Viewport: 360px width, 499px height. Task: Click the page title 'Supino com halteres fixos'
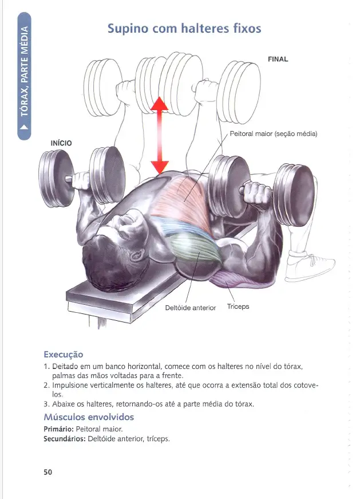pos(185,28)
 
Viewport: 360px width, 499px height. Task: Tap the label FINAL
pos(278,59)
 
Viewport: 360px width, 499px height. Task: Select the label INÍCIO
pos(61,143)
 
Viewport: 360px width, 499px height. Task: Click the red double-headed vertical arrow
pos(159,135)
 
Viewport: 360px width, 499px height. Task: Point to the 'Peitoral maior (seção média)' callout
pos(273,134)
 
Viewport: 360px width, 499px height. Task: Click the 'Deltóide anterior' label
pos(190,308)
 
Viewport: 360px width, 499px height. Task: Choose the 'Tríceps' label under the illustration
pos(238,307)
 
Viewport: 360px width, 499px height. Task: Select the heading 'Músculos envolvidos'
pos(89,417)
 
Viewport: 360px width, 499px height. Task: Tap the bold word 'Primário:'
pos(58,429)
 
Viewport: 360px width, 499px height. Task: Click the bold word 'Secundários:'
pos(64,439)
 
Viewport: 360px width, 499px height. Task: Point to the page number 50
pos(48,472)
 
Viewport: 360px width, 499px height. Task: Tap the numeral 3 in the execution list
pos(46,404)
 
